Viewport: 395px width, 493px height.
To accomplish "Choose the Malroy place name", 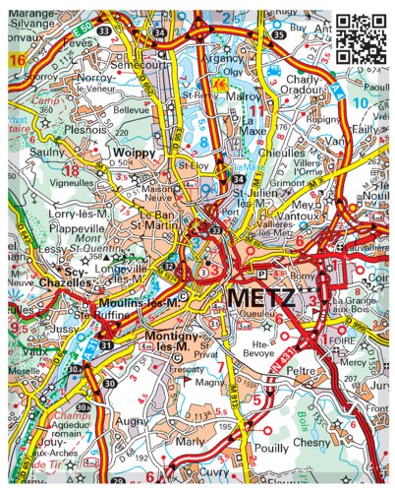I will pyautogui.click(x=248, y=97).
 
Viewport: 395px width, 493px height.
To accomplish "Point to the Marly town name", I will pyautogui.click(x=190, y=442).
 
